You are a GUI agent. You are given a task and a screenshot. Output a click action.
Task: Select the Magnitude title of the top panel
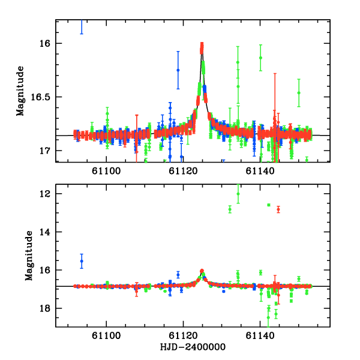(20, 91)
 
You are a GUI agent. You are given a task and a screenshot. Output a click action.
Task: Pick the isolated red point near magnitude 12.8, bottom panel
(278, 209)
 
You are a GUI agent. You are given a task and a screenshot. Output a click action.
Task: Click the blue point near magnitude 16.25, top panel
(178, 70)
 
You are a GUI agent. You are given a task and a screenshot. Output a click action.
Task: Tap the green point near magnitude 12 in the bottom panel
(238, 194)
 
